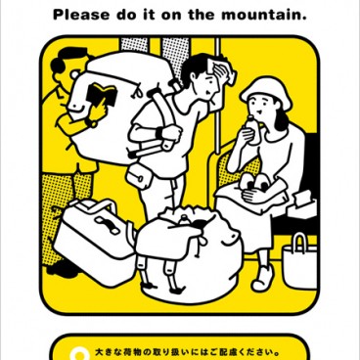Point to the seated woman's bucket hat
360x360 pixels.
tap(261, 93)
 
